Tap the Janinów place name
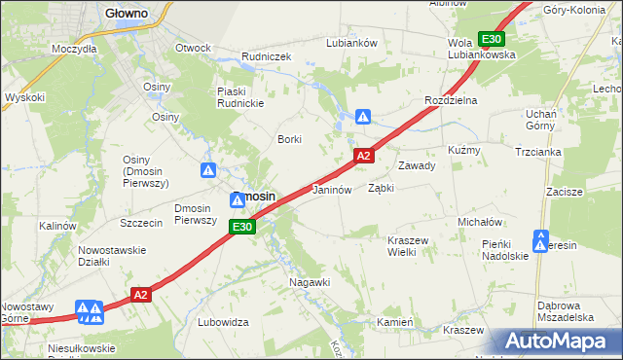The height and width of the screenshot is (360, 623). (331, 190)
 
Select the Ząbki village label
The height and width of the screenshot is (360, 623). (381, 188)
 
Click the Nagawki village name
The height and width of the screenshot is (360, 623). (311, 282)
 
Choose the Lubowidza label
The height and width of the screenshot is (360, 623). (224, 322)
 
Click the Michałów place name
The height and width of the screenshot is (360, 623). (479, 222)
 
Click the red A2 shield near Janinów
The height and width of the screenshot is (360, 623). (363, 156)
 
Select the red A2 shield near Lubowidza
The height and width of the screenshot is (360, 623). (141, 294)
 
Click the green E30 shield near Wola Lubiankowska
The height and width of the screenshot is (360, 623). (492, 39)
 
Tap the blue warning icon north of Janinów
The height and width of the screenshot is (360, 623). (363, 117)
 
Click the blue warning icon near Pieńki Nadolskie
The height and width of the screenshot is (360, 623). (540, 238)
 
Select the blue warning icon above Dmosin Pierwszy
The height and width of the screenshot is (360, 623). (208, 170)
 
